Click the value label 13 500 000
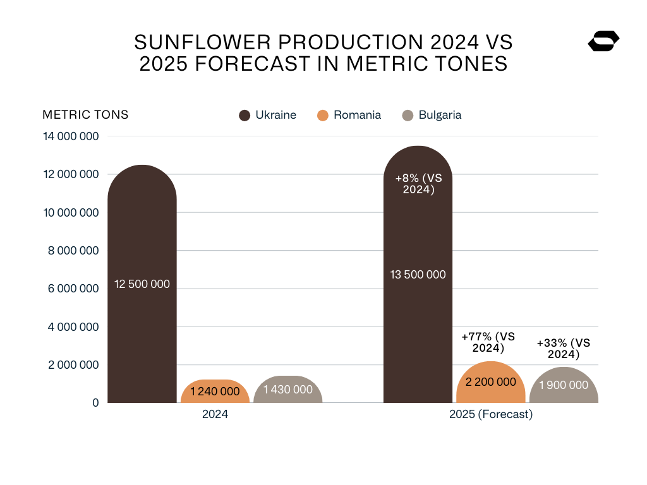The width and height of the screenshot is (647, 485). pos(418,275)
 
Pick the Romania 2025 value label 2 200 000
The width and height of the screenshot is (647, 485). pos(490,382)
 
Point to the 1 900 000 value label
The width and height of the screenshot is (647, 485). pos(564,385)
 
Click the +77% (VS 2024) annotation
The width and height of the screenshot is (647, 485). pos(489,342)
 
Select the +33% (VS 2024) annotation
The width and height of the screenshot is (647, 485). pos(563,349)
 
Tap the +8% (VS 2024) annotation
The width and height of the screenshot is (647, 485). pos(418,184)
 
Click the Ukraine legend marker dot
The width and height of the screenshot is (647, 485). pos(245,116)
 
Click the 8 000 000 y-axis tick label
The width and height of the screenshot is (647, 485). pos(71,251)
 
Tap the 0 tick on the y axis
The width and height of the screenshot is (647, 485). pos(95,403)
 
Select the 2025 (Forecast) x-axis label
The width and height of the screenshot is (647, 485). pos(491,415)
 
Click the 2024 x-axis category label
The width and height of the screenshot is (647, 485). pos(215,415)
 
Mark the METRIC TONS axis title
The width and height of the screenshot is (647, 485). pos(85,115)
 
